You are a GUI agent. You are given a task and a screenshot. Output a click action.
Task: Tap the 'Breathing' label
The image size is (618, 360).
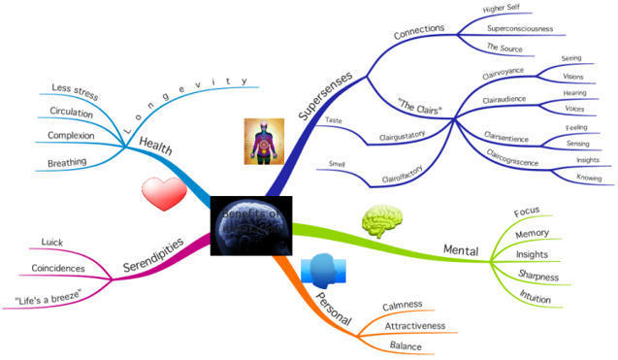[68, 163]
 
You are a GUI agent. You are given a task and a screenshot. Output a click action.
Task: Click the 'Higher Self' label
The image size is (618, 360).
[504, 9]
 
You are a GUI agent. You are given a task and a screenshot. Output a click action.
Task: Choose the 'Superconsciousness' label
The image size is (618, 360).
[519, 28]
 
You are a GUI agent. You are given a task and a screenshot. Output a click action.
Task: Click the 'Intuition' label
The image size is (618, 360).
[535, 299]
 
